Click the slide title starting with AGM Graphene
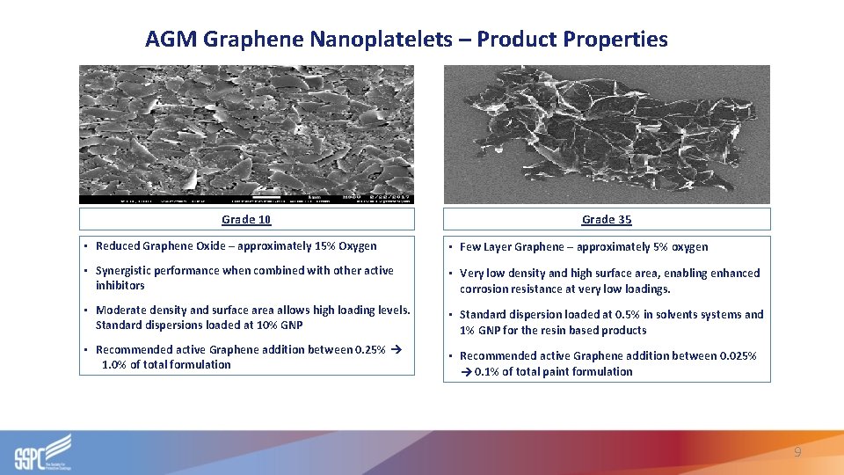click(x=406, y=40)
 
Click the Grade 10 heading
click(x=246, y=219)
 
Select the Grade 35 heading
click(x=607, y=219)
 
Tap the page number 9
click(x=797, y=452)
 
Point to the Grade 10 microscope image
click(x=246, y=134)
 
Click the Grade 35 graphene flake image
click(x=607, y=134)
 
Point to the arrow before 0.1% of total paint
click(x=466, y=372)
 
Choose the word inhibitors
click(x=120, y=286)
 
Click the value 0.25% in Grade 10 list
click(x=367, y=350)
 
